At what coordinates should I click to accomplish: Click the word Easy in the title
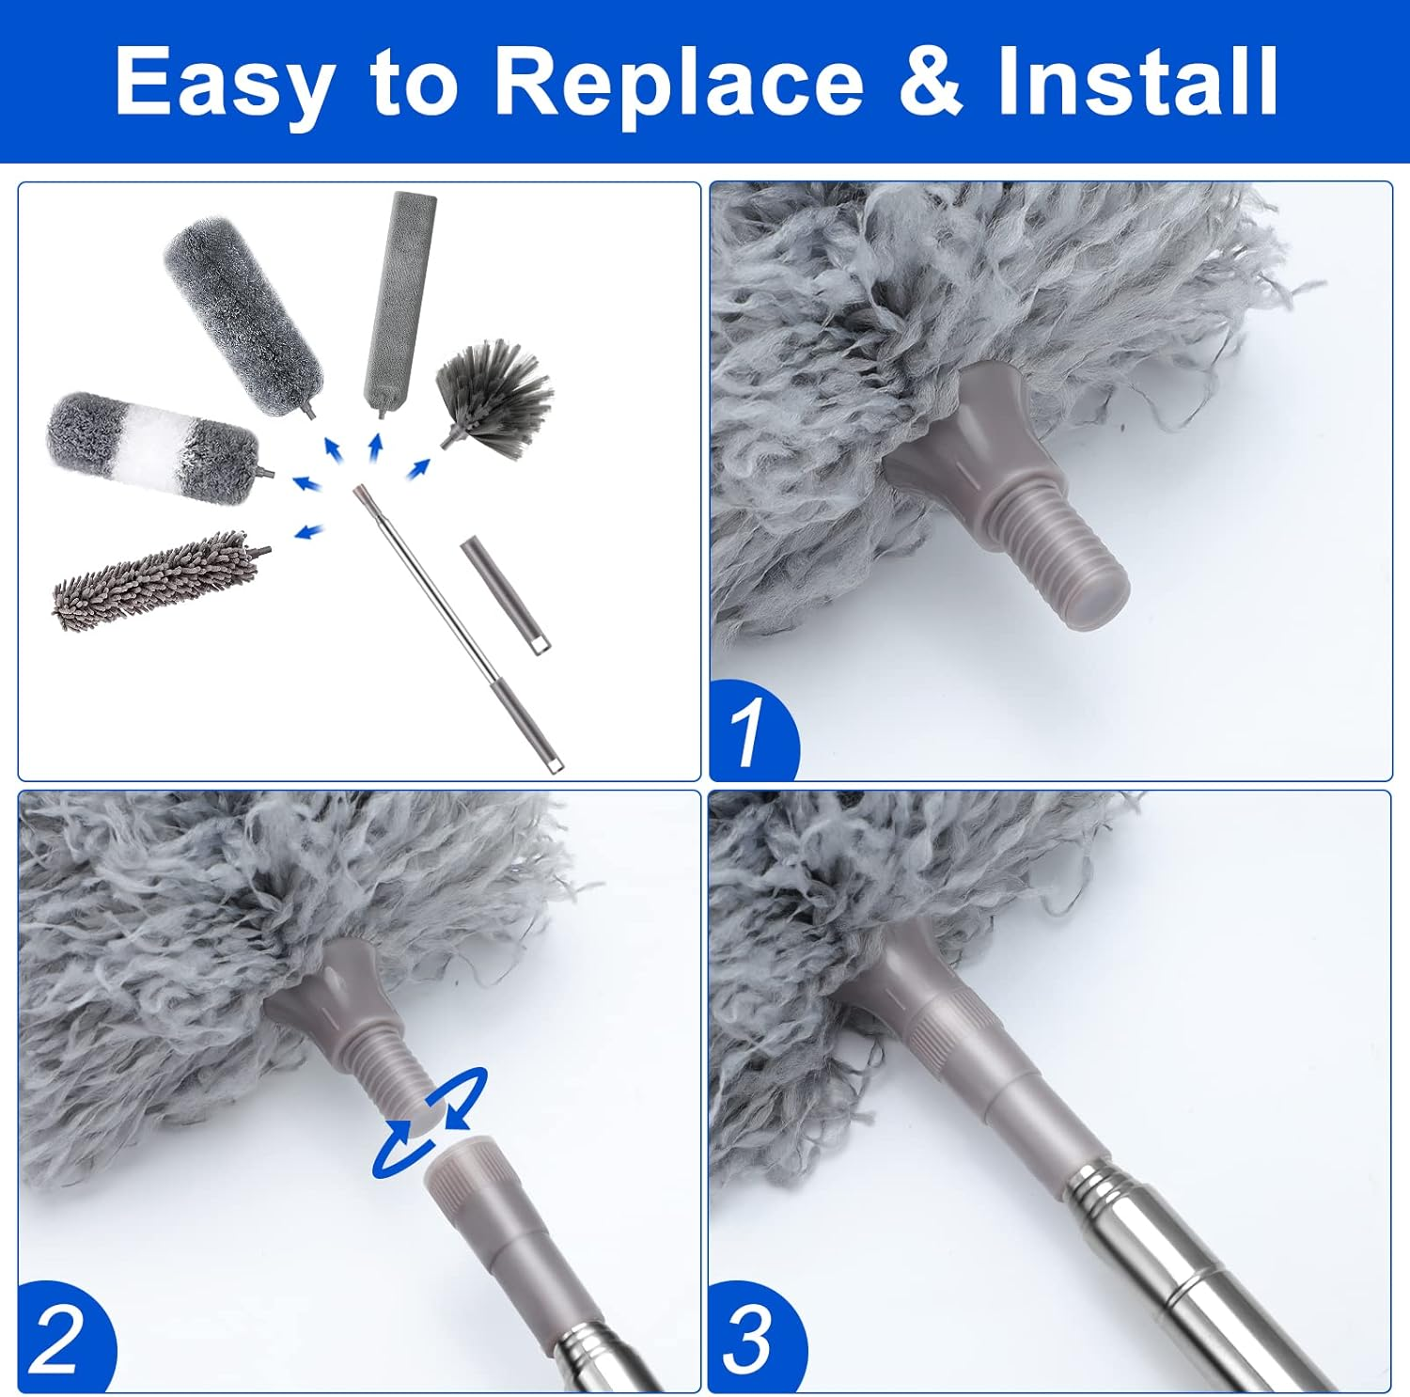pyautogui.click(x=225, y=82)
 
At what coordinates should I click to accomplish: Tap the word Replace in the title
pyautogui.click(x=678, y=82)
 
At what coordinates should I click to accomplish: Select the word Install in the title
pyautogui.click(x=1137, y=82)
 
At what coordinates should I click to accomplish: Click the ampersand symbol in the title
pyautogui.click(x=931, y=82)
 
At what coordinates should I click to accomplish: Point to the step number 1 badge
pyautogui.click(x=751, y=731)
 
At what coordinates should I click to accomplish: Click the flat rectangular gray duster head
pyautogui.click(x=399, y=301)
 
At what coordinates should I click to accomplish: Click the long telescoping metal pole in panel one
pyautogui.click(x=451, y=620)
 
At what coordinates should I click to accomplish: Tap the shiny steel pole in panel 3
pyautogui.click(x=1194, y=1279)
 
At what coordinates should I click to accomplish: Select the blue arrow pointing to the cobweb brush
pyautogui.click(x=418, y=467)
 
